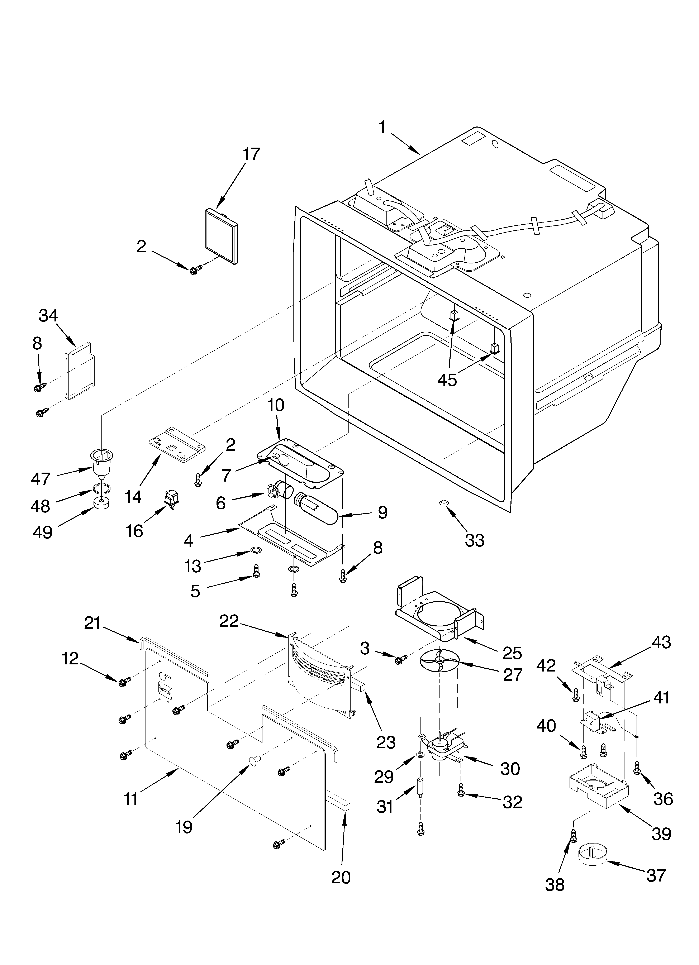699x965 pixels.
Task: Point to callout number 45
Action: click(447, 380)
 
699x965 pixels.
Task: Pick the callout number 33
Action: click(475, 541)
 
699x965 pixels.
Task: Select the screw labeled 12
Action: click(123, 682)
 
